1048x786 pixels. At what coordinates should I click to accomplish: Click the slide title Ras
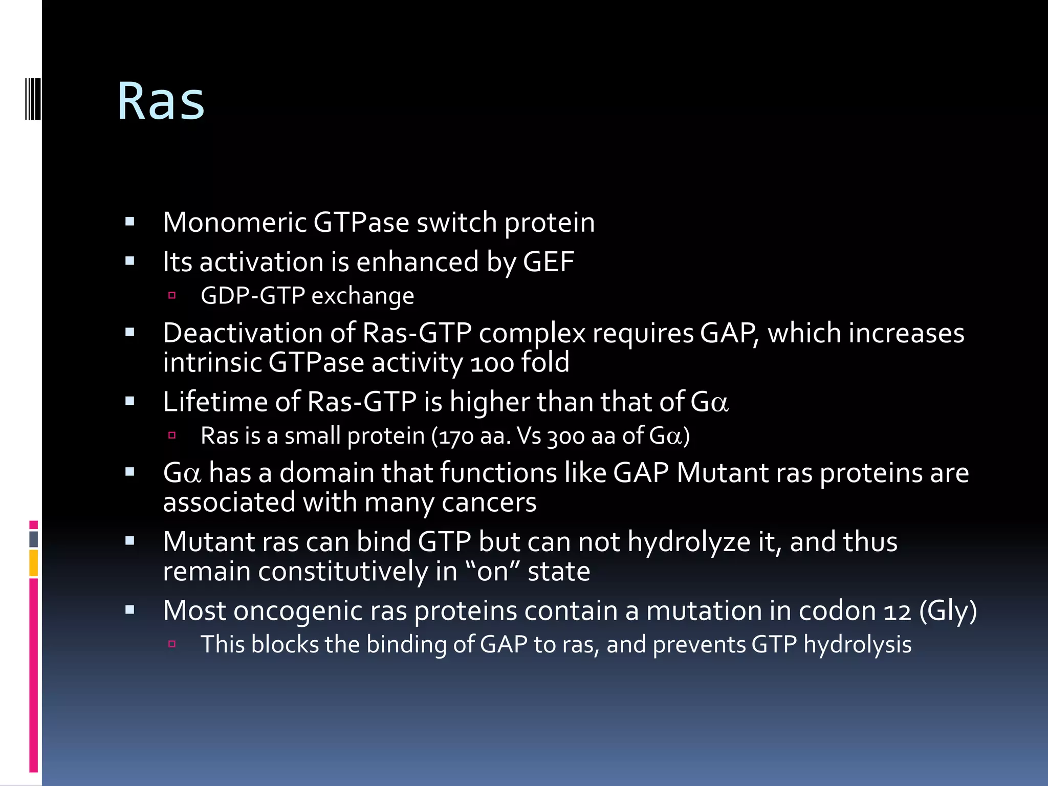click(161, 101)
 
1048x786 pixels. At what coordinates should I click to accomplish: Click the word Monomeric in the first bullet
click(234, 223)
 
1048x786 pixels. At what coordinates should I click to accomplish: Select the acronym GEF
click(548, 262)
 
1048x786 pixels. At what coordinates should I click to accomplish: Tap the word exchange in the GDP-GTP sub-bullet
click(362, 296)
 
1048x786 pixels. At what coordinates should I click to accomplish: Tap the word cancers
click(489, 503)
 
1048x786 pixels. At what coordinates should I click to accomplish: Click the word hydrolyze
click(689, 542)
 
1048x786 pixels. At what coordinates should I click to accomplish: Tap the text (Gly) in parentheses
click(948, 611)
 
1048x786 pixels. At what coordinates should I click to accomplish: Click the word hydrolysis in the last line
click(857, 645)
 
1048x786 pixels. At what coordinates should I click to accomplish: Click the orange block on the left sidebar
click(33, 563)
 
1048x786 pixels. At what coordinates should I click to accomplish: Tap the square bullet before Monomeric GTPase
click(129, 222)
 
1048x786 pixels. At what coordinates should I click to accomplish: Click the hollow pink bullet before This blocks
click(172, 644)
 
